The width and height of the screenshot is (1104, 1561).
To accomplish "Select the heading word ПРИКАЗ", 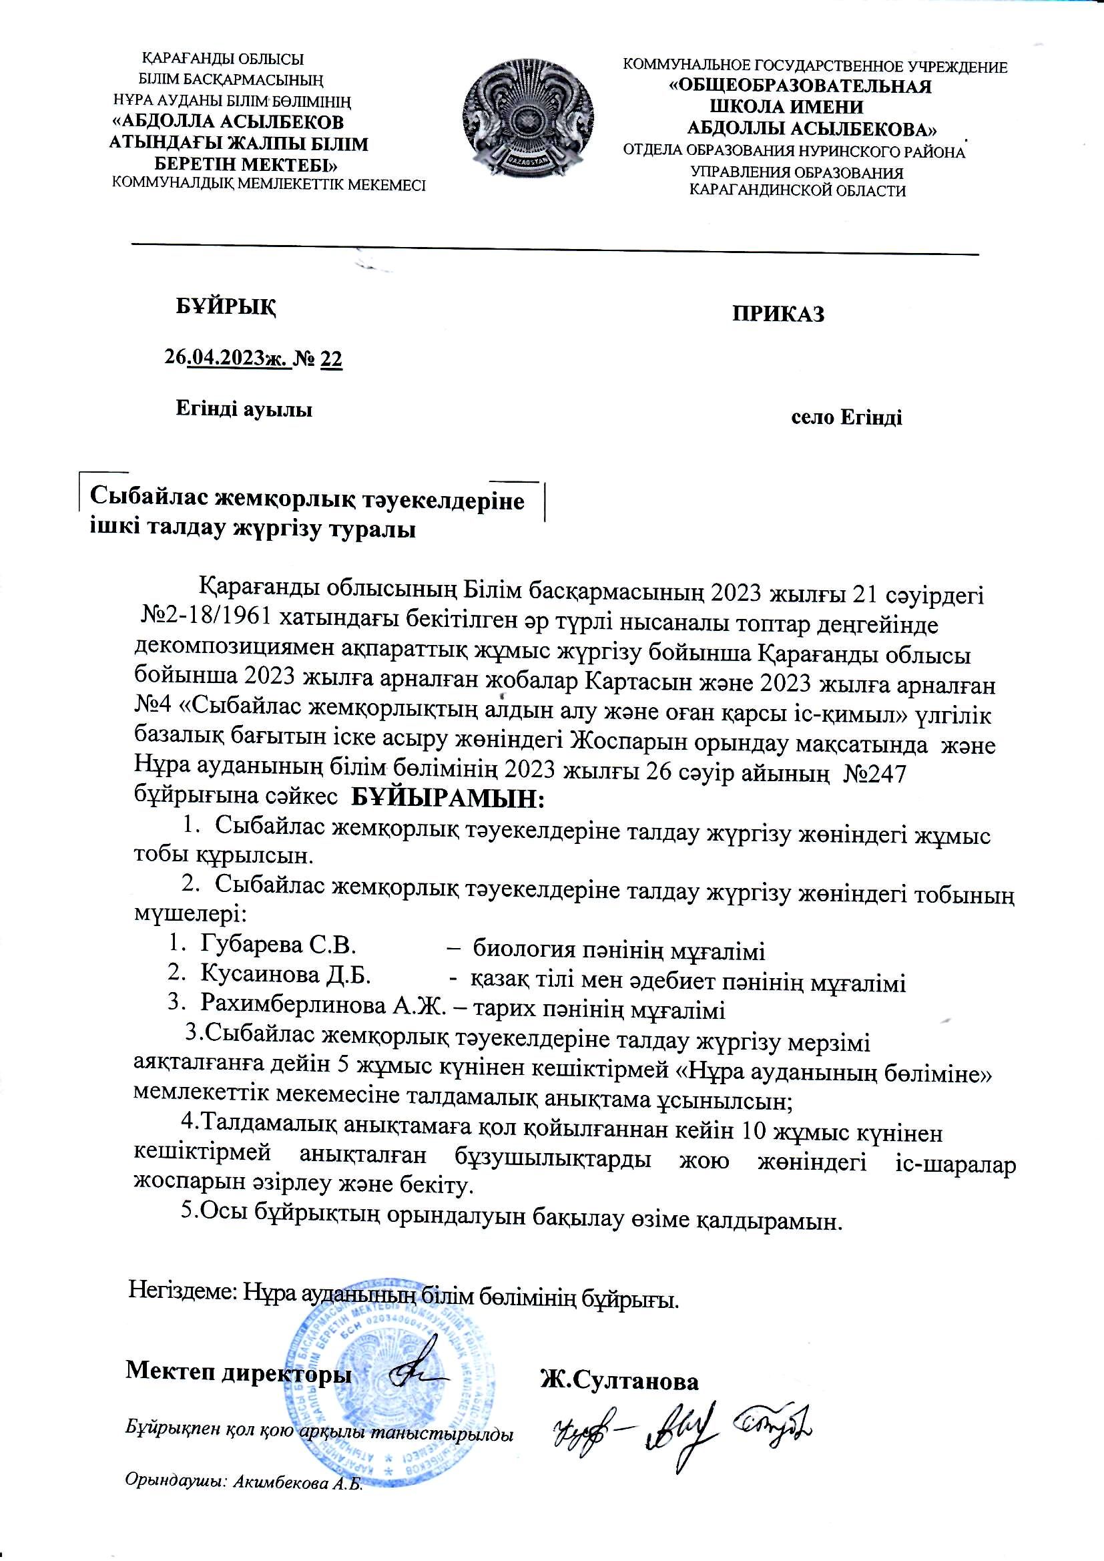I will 778,314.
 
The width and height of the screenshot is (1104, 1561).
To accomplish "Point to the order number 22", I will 331,359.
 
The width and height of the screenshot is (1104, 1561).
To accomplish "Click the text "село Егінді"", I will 846,417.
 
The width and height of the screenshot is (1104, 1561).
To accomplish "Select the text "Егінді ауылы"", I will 244,409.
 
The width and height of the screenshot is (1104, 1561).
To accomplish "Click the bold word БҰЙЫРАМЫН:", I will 448,797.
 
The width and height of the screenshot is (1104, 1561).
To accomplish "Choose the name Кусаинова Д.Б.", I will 285,974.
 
